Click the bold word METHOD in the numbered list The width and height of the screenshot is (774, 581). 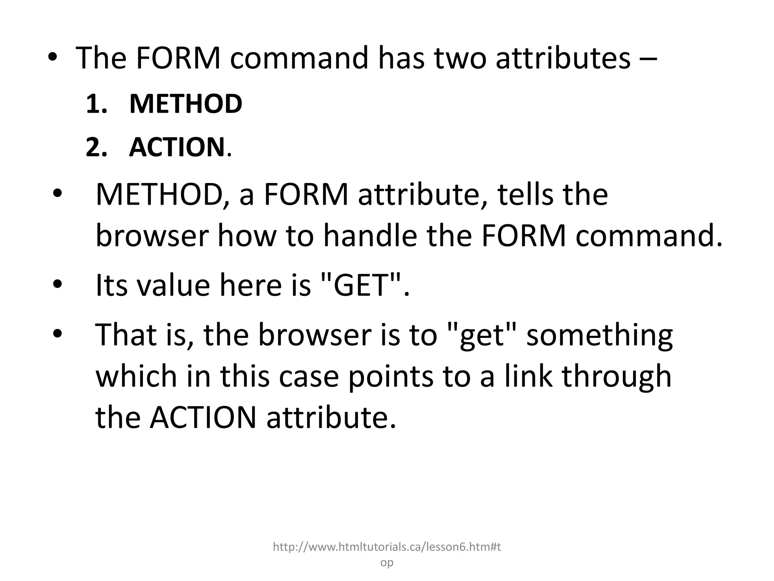pyautogui.click(x=186, y=104)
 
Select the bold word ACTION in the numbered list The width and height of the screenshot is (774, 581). pyautogui.click(x=177, y=147)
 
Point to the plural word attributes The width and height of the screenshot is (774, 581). pyautogui.click(x=563, y=58)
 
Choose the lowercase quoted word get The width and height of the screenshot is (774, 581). pyautogui.click(x=481, y=336)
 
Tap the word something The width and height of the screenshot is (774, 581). pyautogui.click(x=599, y=336)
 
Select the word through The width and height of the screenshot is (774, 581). pyautogui.click(x=617, y=377)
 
